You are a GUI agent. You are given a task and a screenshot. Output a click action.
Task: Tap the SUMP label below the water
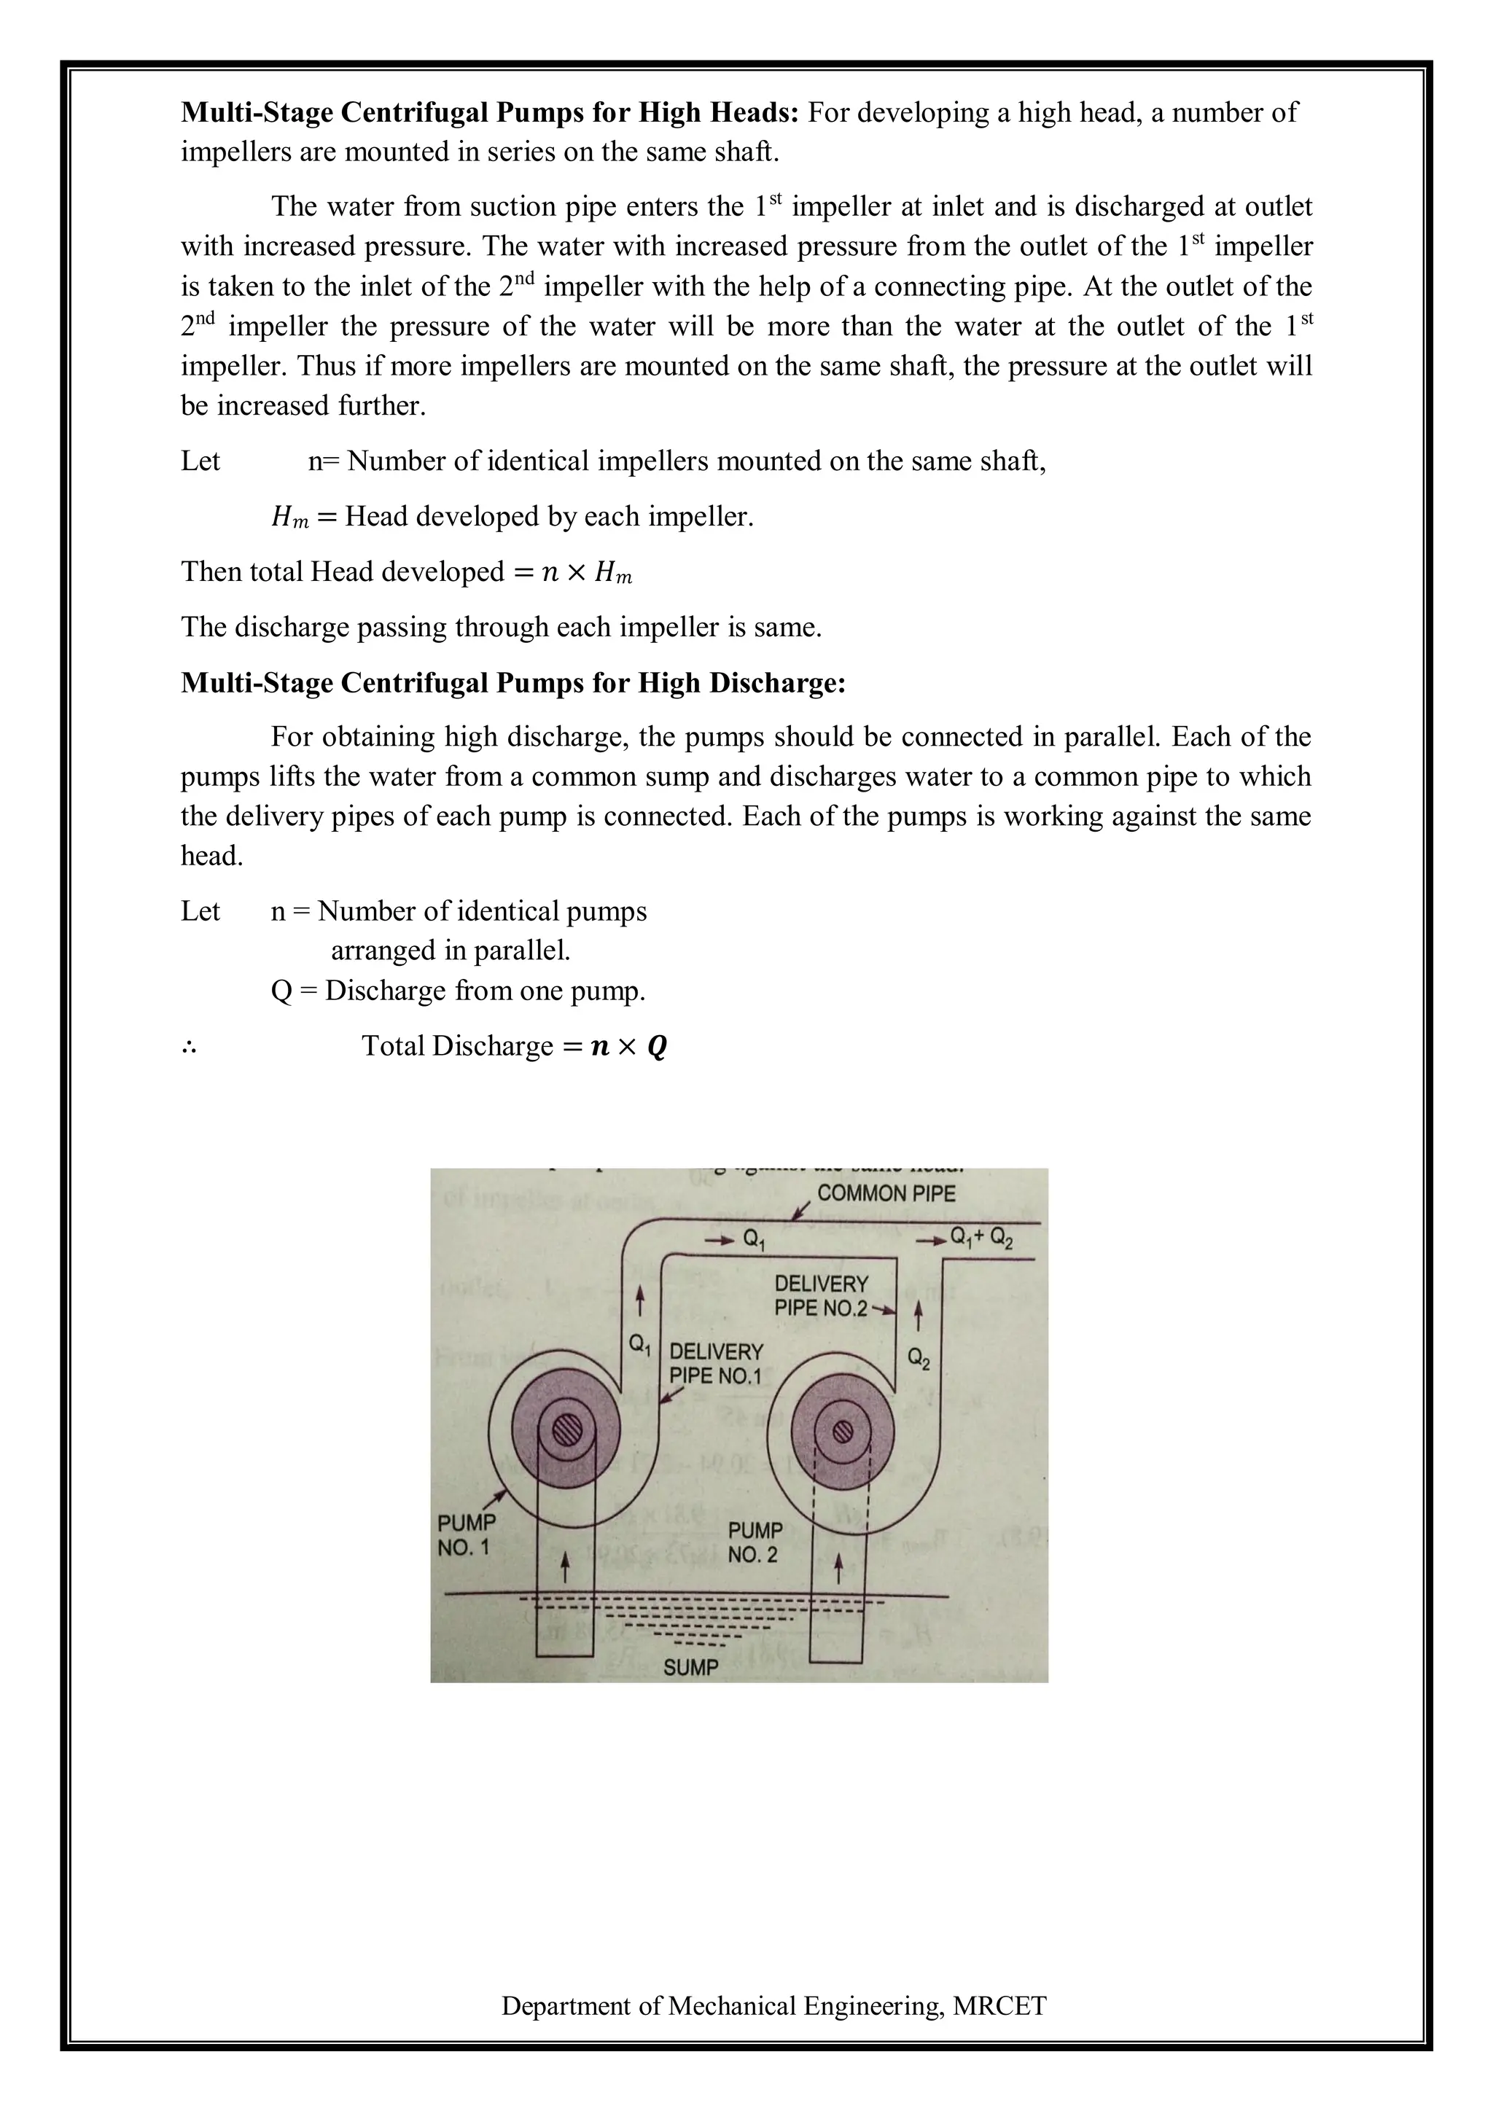690,1667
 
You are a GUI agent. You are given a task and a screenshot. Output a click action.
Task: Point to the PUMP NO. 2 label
754,1543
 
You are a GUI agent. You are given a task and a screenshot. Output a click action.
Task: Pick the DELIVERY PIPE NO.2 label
820,1295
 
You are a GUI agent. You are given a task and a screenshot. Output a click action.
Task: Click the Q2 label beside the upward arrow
918,1358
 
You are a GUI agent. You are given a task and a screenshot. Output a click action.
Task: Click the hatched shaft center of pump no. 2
841,1432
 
